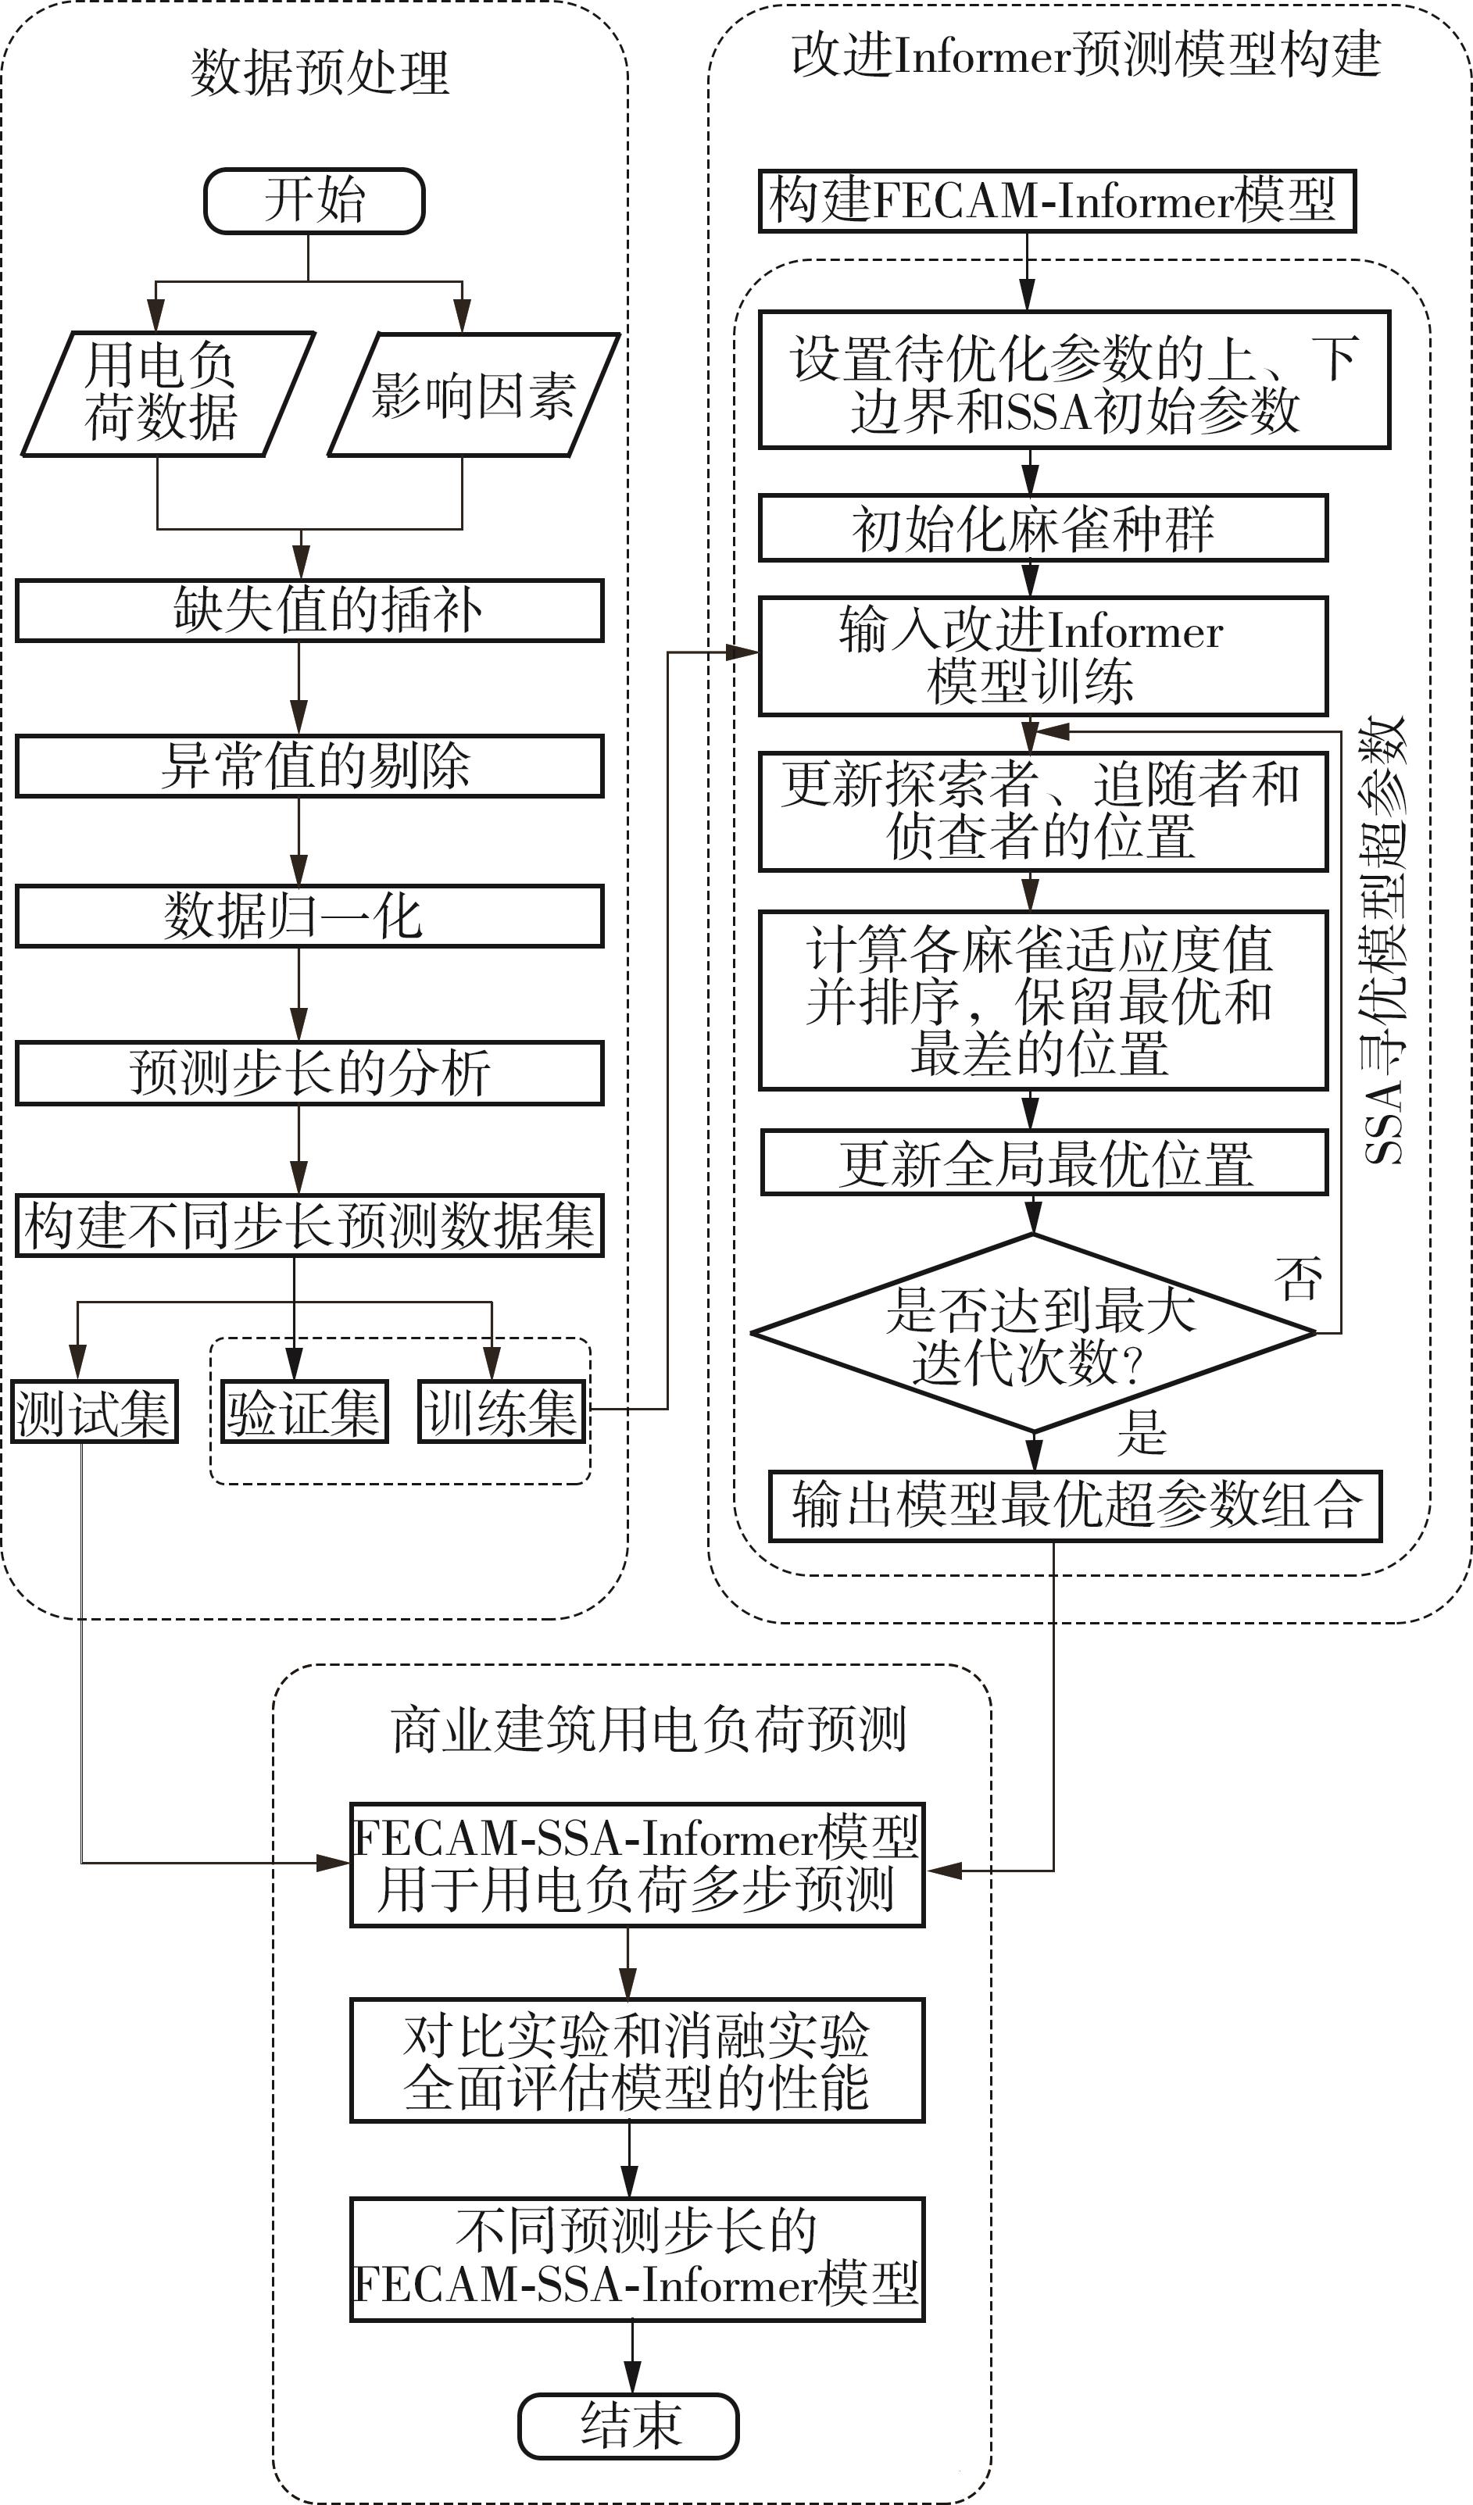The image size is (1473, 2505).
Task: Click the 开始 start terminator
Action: point(314,201)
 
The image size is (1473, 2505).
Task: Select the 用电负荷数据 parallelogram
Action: point(167,394)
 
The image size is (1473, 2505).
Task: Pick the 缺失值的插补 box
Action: point(309,610)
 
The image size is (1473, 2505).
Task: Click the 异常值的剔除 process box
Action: point(309,766)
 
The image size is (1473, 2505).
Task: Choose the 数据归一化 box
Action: point(309,916)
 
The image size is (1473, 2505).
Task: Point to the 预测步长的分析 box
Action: point(309,1073)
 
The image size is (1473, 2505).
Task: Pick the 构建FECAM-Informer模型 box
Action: point(1056,201)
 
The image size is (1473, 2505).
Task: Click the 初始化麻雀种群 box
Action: point(1042,528)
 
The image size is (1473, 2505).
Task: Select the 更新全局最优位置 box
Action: point(1044,1162)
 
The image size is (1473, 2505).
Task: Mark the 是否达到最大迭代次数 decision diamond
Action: point(1034,1333)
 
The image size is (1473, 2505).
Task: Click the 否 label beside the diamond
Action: point(1299,1278)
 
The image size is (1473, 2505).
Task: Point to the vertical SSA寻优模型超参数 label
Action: point(1385,939)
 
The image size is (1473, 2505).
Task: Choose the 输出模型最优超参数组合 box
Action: point(1075,1506)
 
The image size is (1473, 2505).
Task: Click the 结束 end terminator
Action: point(628,2425)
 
